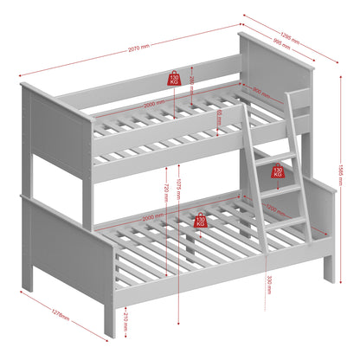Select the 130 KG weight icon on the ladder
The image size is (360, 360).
279,171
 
